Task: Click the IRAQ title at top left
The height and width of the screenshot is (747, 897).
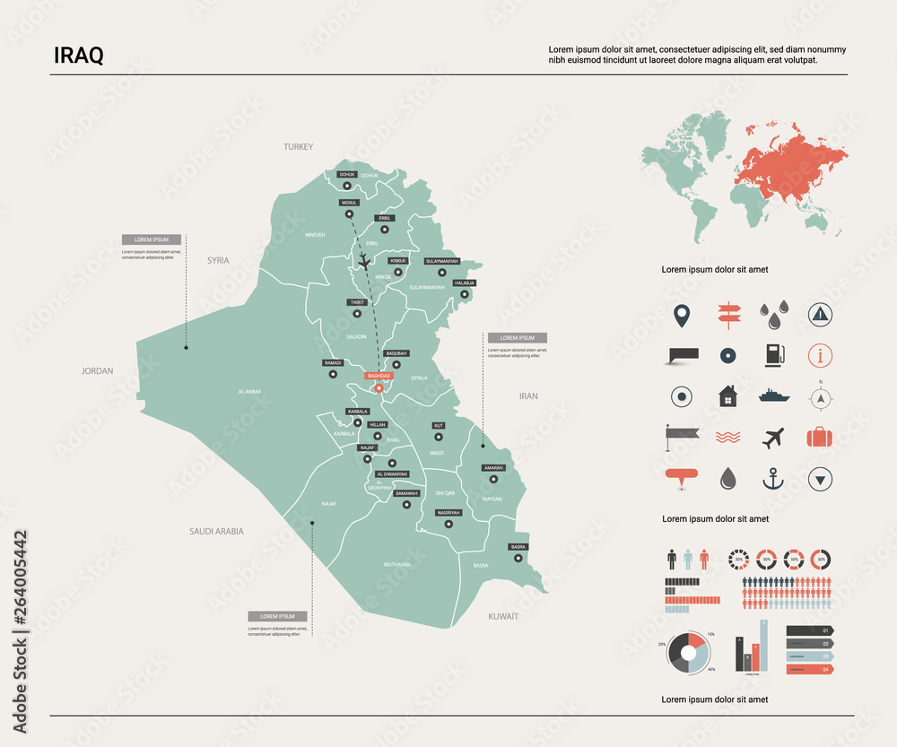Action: (79, 56)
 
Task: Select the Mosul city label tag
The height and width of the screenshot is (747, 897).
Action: (349, 203)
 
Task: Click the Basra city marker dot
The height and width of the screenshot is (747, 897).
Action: (518, 558)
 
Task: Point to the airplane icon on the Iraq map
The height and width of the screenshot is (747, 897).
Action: (363, 261)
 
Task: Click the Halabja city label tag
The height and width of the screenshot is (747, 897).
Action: (465, 282)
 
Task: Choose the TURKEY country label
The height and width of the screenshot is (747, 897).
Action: (298, 146)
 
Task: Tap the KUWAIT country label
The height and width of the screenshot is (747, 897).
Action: (503, 617)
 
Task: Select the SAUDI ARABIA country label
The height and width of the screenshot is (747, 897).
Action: (216, 531)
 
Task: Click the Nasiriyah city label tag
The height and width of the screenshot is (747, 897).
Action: (448, 512)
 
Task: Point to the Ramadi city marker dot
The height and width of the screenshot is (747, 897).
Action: (334, 375)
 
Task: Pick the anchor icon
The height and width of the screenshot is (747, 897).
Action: (772, 479)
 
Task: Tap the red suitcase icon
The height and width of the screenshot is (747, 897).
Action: (820, 438)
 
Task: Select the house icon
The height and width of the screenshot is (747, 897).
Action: (727, 395)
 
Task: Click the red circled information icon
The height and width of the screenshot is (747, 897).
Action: (820, 355)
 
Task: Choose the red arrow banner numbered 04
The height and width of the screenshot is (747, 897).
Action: (809, 669)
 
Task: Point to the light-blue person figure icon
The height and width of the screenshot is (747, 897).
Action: (688, 560)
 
